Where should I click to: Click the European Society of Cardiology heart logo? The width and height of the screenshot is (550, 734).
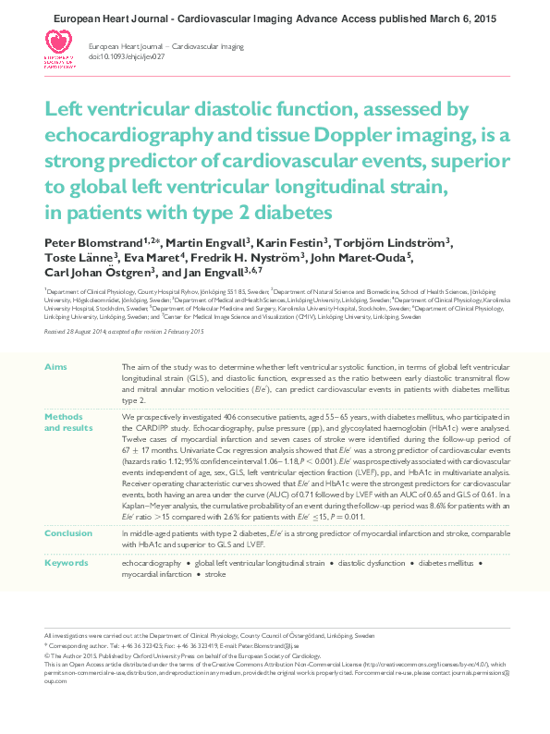click(60, 45)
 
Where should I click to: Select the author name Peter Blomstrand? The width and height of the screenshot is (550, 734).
click(85, 242)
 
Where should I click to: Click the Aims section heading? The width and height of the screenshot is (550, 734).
click(55, 367)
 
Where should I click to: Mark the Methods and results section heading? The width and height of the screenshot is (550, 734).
click(68, 422)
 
